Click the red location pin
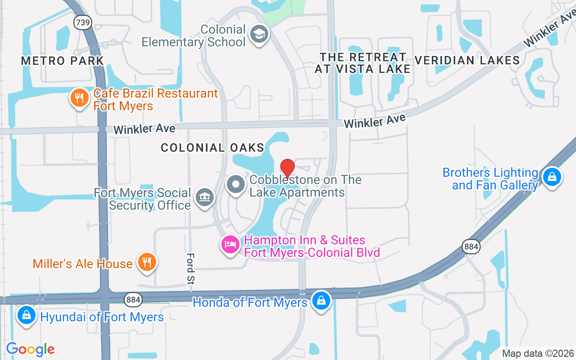click(x=288, y=168)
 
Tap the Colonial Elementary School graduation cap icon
click(x=259, y=34)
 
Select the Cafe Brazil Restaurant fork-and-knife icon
click(x=80, y=98)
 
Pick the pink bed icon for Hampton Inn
click(x=230, y=245)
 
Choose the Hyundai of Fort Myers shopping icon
click(x=27, y=315)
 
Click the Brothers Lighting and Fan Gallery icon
click(x=552, y=177)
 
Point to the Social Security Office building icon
click(x=205, y=197)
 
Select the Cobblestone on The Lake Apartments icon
click(x=235, y=184)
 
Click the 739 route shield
click(x=83, y=23)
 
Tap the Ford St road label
click(x=191, y=269)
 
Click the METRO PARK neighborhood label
click(x=63, y=61)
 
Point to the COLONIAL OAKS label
click(x=212, y=148)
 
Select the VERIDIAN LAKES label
click(x=467, y=60)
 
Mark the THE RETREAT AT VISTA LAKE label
click(x=363, y=63)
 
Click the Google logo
click(x=30, y=349)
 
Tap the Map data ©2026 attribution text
click(x=538, y=354)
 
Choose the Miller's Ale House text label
click(x=82, y=264)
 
